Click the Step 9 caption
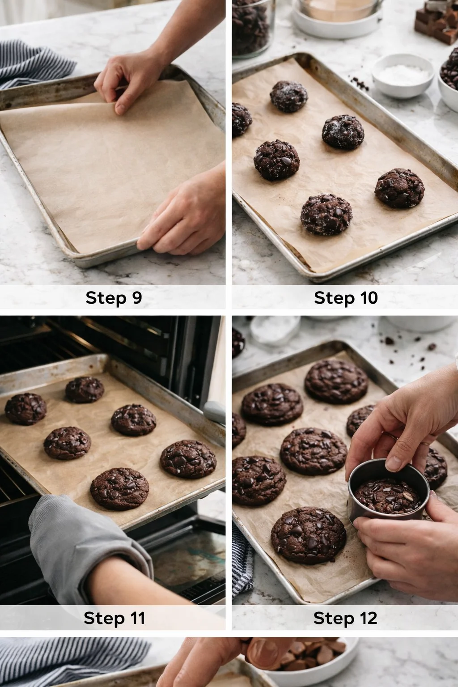click(113, 298)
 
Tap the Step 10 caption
click(346, 298)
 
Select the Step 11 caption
click(114, 618)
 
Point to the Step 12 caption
click(345, 618)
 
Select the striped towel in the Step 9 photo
click(31, 63)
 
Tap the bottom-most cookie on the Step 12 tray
click(308, 535)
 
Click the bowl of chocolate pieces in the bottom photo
click(322, 657)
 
